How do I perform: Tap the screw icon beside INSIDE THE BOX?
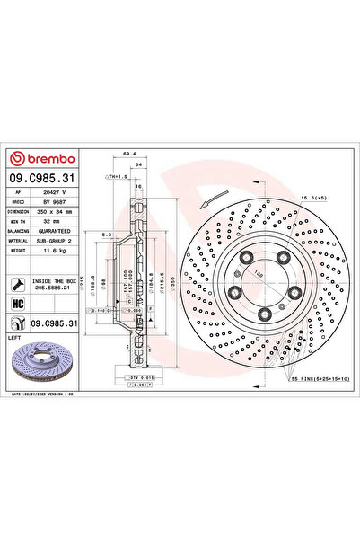17,285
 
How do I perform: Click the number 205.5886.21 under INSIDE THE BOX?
55,290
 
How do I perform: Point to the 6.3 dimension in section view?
106,234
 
